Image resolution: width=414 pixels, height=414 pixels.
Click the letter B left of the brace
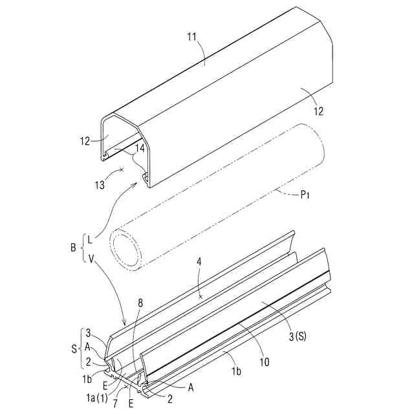point(73,248)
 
